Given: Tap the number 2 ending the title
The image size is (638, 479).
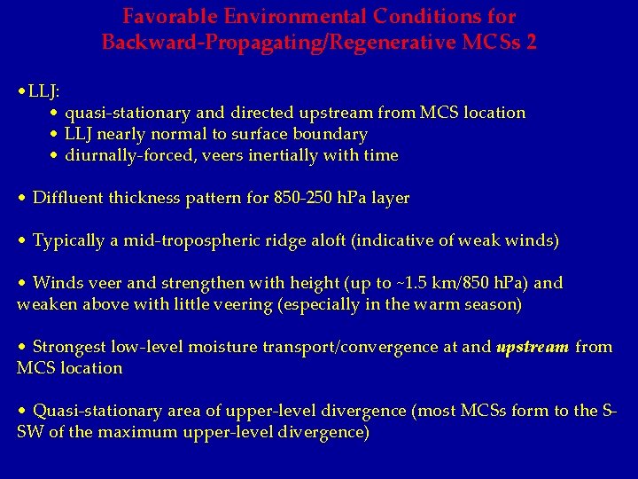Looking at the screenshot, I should pos(531,42).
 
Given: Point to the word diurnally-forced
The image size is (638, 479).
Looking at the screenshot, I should pos(122,156).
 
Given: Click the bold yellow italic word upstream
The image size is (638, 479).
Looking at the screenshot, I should pos(533,348).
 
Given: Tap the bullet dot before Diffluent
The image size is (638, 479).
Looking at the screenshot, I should pos(21,199).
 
